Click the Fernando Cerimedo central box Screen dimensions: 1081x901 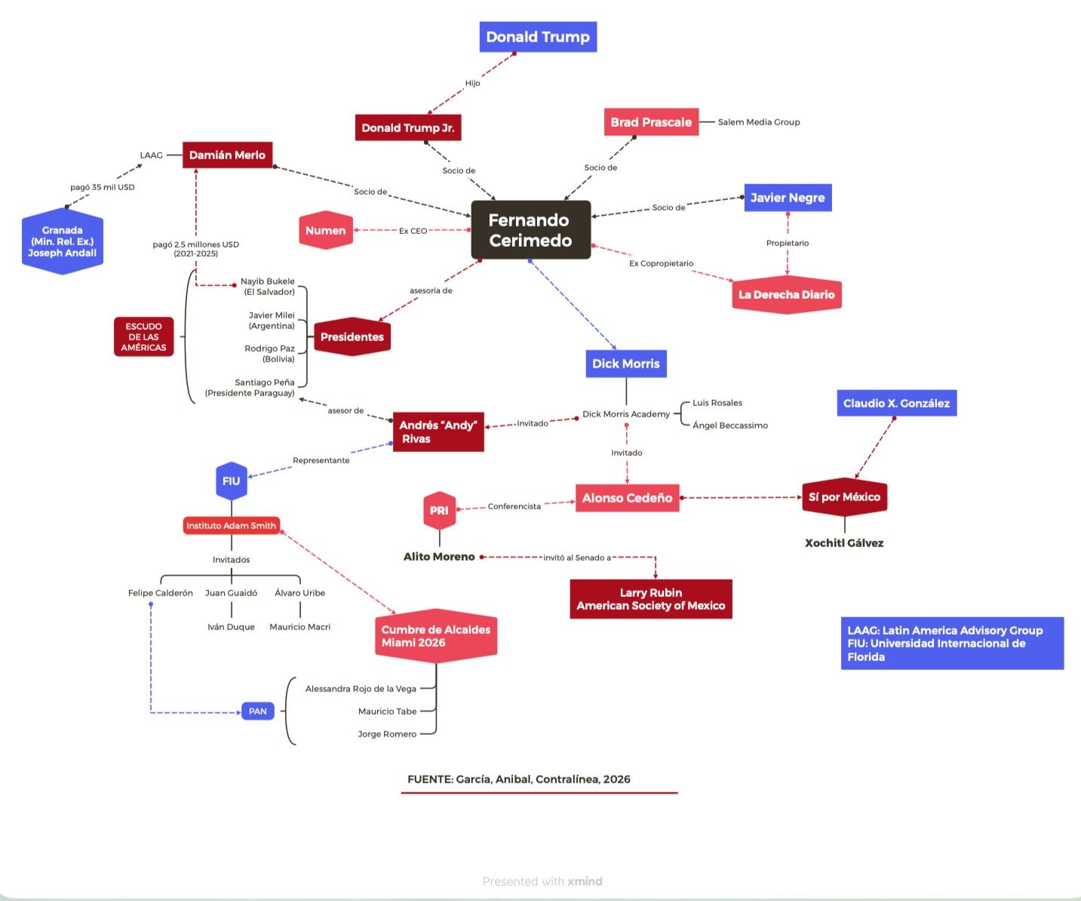[x=530, y=230]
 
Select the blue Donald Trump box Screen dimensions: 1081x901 [x=538, y=37]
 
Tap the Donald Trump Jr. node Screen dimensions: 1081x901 [x=408, y=128]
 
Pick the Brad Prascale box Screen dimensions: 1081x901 [x=651, y=122]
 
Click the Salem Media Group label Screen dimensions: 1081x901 [x=758, y=122]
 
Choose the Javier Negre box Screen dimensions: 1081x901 [x=788, y=198]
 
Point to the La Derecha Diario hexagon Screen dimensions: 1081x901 [x=786, y=294]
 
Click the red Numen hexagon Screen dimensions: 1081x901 [x=326, y=230]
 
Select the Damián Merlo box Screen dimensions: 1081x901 [x=227, y=155]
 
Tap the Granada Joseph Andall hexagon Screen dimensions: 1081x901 [x=62, y=241]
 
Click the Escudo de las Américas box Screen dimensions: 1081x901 [x=143, y=337]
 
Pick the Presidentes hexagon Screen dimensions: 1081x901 [x=352, y=337]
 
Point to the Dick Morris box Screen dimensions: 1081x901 [x=626, y=364]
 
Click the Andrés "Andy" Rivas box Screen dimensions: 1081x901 [x=438, y=432]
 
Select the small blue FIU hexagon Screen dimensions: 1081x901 [x=232, y=481]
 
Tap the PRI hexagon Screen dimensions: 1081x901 [x=439, y=511]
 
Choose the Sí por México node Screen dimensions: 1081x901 [x=844, y=497]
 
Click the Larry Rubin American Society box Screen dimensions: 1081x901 [x=651, y=599]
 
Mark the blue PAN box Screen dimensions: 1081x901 [x=258, y=712]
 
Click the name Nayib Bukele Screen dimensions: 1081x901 [x=268, y=281]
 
